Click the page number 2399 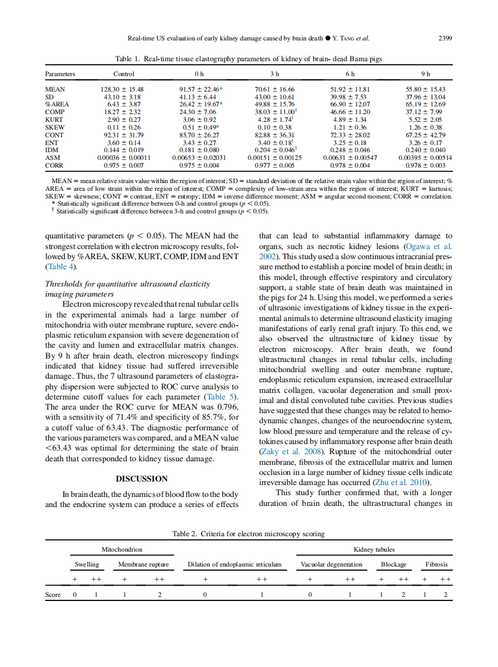445,39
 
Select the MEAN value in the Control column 124,89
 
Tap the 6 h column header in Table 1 350,74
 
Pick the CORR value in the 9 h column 425,166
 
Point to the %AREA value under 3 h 274,105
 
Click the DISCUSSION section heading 141,479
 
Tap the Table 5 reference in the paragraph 220,397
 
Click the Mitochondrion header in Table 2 122,549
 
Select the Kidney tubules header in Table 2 374,549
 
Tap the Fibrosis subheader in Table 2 436,564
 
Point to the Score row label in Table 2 53,594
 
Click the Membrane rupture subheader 143,564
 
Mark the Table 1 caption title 248,59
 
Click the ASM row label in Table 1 52,158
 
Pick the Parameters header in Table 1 60,74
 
